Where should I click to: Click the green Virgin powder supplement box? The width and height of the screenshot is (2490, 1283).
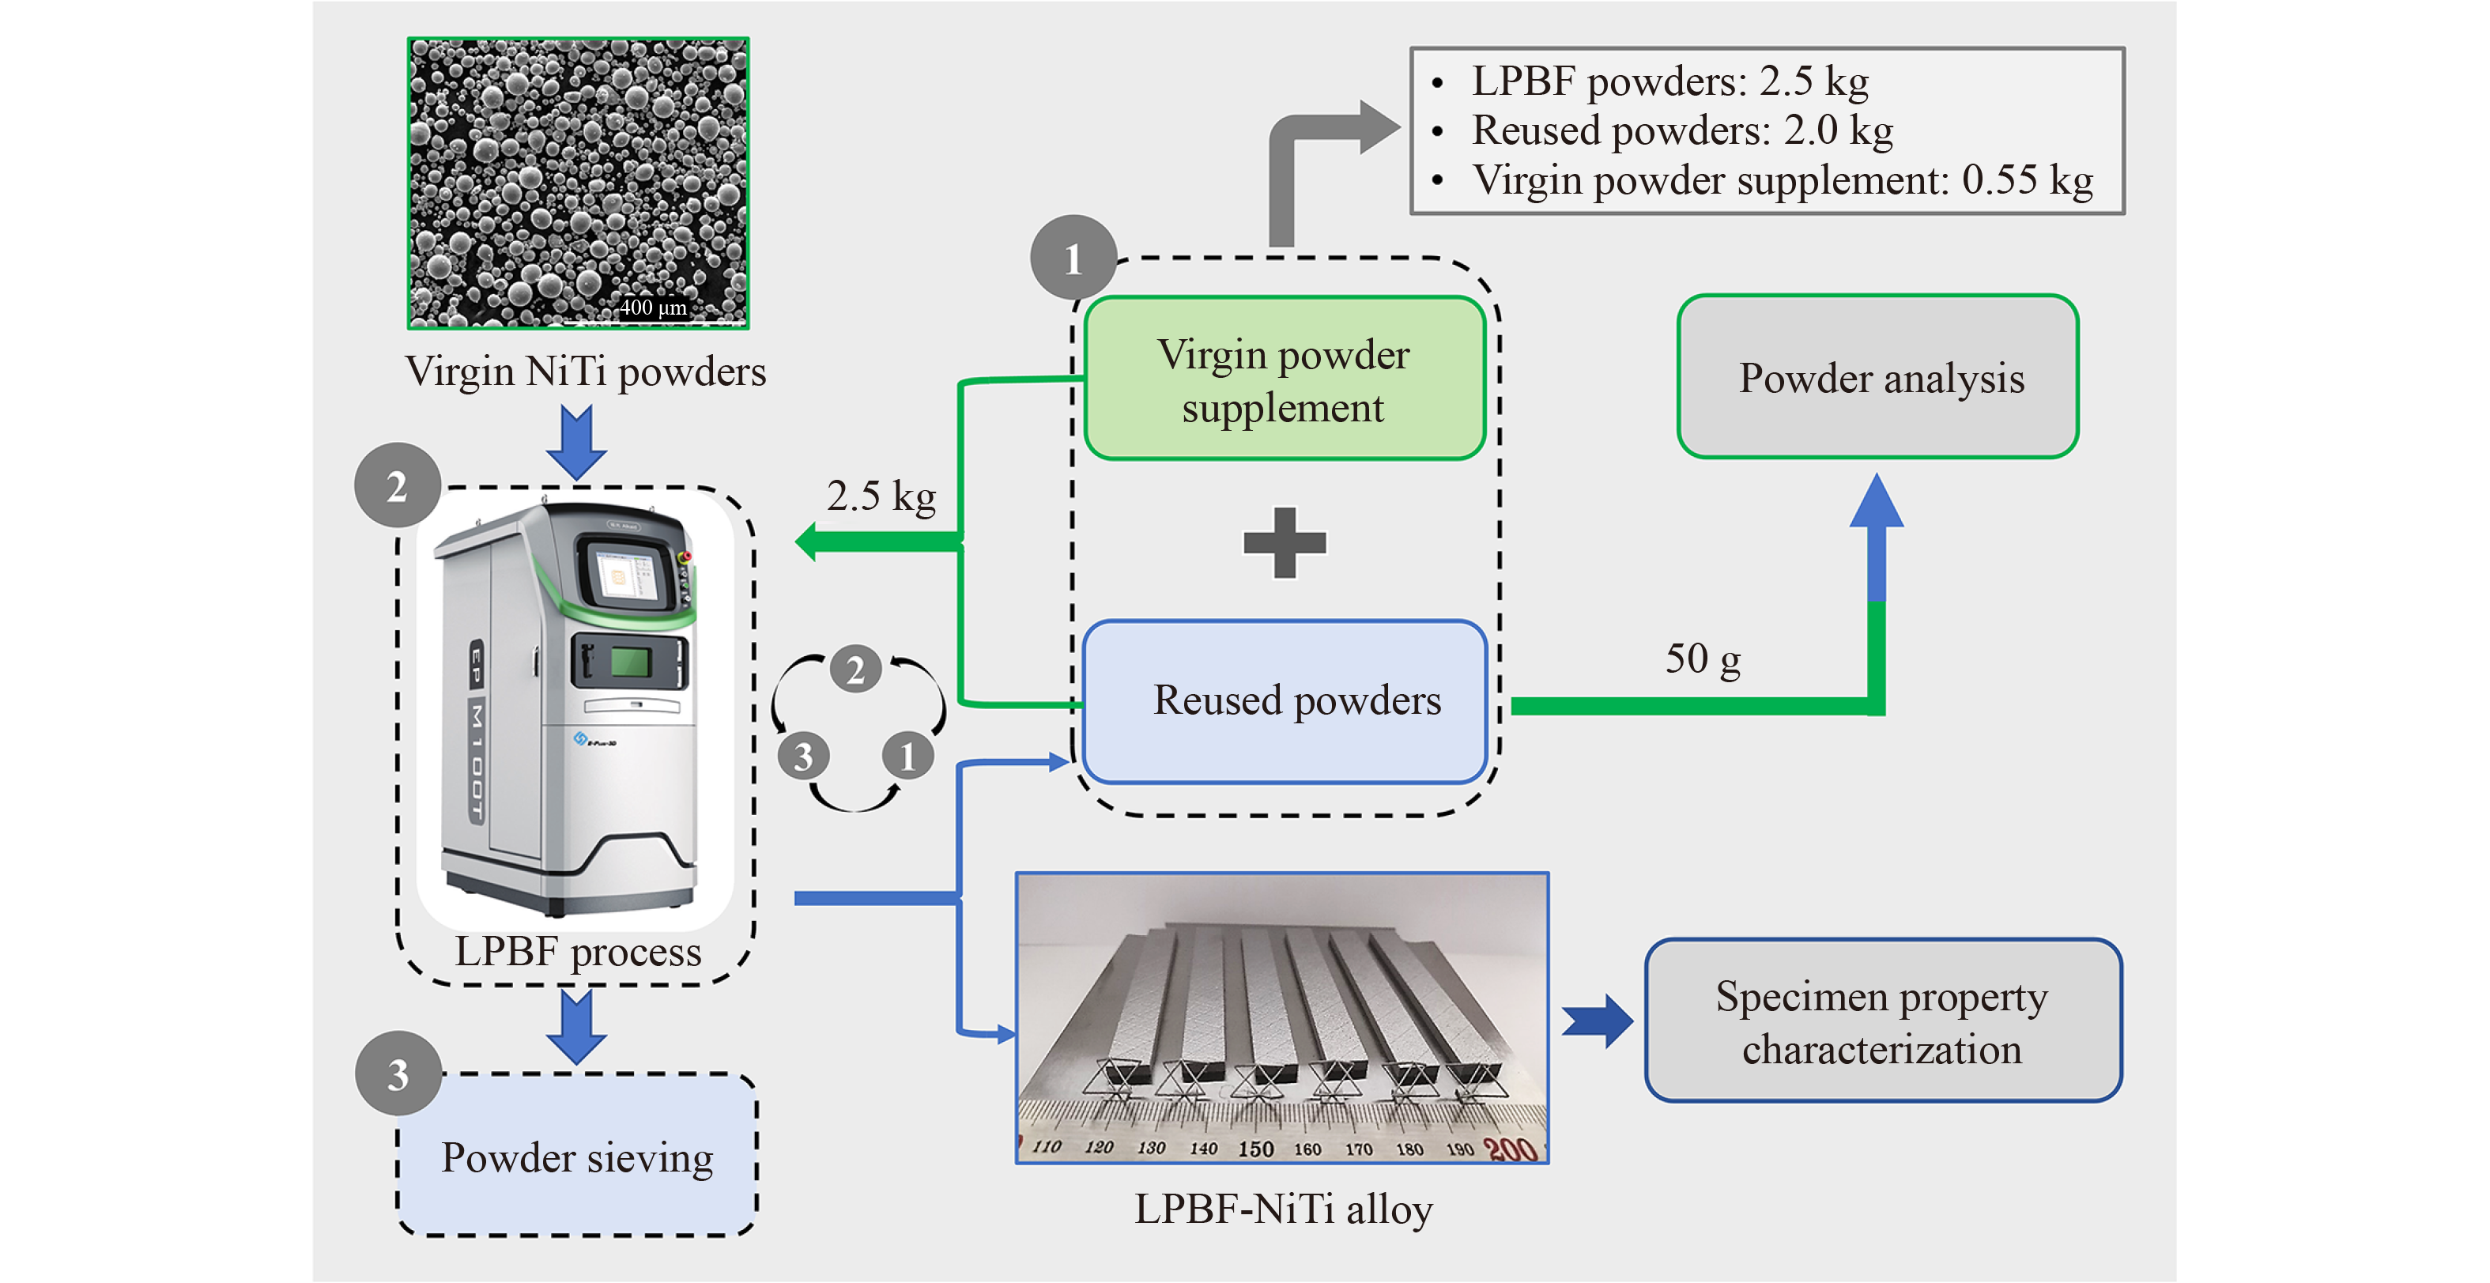click(1284, 379)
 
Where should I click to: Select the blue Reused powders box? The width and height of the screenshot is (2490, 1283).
click(1284, 701)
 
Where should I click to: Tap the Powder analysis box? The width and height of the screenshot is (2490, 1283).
click(1878, 377)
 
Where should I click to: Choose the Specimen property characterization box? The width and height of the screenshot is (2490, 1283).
click(1882, 1021)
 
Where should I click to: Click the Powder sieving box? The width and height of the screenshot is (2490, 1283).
click(577, 1157)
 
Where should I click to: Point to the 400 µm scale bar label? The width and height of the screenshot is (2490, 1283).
click(654, 308)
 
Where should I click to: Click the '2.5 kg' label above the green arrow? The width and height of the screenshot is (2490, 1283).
click(881, 496)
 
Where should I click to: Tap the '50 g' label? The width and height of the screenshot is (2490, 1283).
click(1702, 659)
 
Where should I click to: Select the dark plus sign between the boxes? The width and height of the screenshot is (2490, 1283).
click(1285, 542)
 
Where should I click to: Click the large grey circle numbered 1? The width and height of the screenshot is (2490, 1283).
click(1073, 258)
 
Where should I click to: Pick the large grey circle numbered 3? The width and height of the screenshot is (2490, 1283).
click(398, 1074)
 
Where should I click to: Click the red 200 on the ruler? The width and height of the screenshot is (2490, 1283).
click(1510, 1149)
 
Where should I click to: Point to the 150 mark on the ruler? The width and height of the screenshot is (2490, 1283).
click(1255, 1149)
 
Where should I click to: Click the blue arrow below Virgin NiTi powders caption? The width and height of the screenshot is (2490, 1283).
click(576, 442)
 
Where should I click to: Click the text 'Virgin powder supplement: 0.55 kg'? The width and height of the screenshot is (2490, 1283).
click(1782, 181)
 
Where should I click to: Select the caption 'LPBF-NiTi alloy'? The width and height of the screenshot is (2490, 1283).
click(1283, 1209)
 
